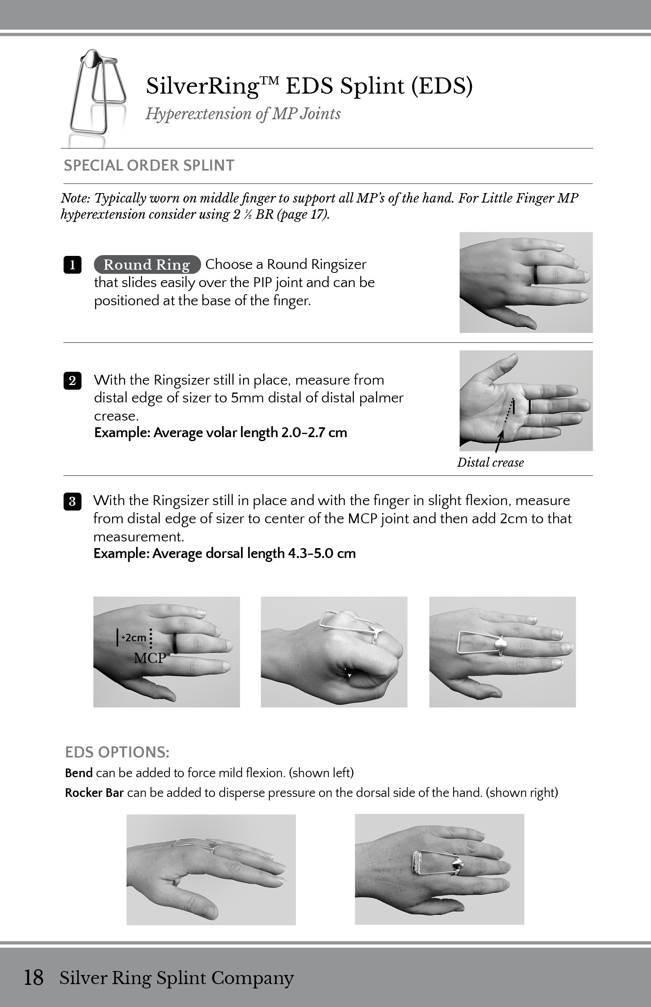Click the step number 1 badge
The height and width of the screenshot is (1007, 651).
(72, 265)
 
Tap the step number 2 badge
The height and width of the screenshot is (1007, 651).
(72, 380)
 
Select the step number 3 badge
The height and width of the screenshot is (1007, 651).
(72, 502)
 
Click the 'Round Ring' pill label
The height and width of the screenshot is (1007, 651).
(147, 265)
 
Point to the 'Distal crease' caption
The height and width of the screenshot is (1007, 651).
(490, 462)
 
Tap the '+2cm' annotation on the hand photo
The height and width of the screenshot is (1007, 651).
(134, 638)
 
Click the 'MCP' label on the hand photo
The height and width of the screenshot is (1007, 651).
(150, 658)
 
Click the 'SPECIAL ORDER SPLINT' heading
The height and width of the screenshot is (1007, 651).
(149, 165)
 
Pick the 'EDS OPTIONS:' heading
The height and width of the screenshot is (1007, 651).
(117, 752)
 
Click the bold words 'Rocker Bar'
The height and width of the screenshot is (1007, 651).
(94, 793)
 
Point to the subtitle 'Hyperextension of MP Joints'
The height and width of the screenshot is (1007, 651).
(243, 114)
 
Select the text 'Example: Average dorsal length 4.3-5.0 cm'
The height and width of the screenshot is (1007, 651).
(224, 553)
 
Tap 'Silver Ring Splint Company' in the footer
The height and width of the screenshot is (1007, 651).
(176, 978)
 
